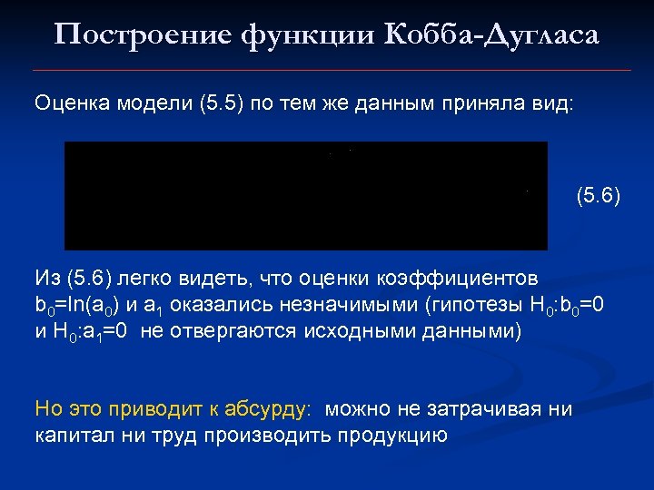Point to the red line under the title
[x=331, y=70]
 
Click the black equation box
[x=305, y=195]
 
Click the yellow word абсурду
[x=273, y=408]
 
